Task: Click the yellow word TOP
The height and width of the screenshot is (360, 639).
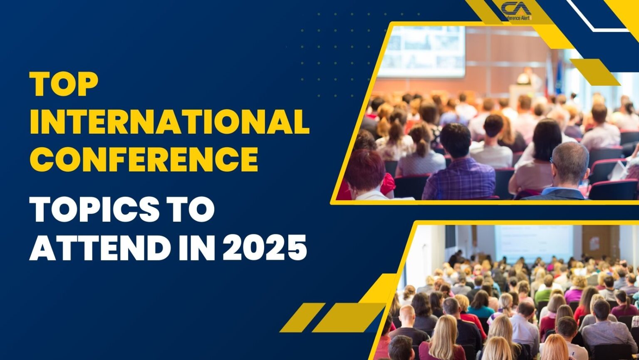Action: [x=64, y=84]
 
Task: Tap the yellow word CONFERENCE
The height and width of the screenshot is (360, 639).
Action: [x=144, y=159]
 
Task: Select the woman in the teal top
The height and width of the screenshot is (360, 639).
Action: [x=480, y=306]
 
